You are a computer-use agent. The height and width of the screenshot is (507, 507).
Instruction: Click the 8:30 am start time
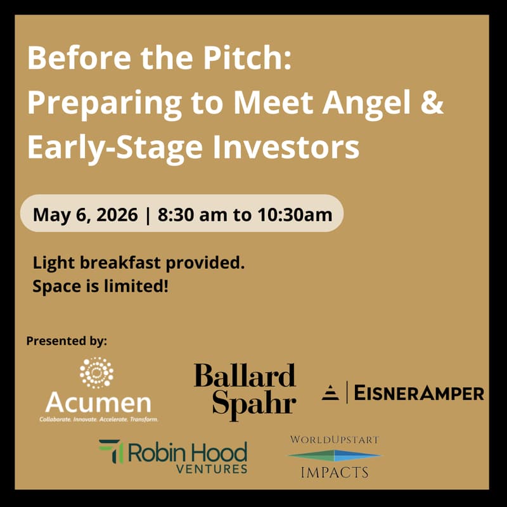193,214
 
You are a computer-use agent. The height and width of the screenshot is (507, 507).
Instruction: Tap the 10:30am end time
295,214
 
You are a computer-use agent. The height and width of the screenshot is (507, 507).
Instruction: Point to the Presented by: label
67,341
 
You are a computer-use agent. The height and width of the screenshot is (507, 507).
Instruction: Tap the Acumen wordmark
98,402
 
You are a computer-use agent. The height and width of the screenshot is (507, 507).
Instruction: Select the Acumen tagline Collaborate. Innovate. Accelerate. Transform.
98,419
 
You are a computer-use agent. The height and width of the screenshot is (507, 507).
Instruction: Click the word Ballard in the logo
245,376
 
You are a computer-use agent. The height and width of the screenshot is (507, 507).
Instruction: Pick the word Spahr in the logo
253,404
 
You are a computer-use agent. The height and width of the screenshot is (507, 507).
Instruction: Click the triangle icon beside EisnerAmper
330,393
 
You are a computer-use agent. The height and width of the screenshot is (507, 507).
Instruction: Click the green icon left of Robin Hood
110,452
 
